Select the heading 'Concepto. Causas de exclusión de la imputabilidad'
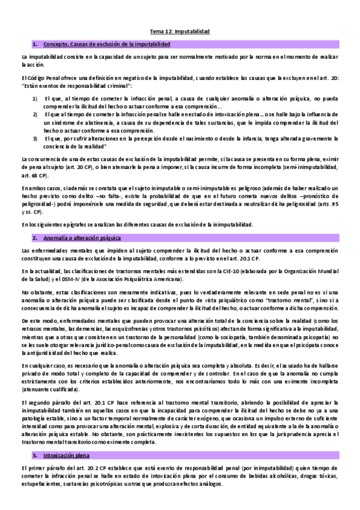[x=107, y=45]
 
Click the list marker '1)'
[x=35, y=97]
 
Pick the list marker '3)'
[x=35, y=138]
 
